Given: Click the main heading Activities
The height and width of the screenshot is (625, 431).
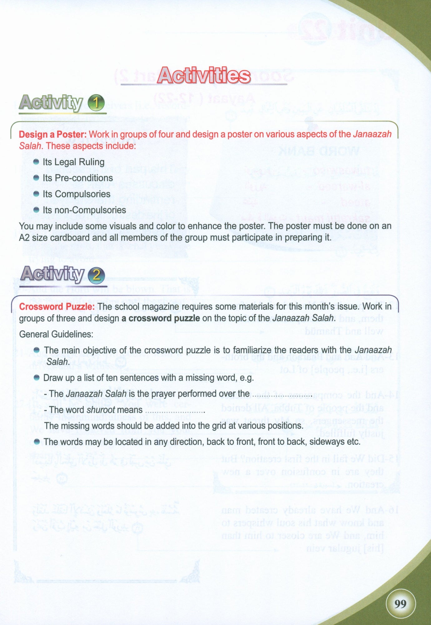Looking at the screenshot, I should click(x=204, y=76).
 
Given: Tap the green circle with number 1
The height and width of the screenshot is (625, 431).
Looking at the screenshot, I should click(x=96, y=103).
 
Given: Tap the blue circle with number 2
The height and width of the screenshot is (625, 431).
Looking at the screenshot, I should click(x=96, y=275).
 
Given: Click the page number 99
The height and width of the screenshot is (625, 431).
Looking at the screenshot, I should click(x=400, y=604).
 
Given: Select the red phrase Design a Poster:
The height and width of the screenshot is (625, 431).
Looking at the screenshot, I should click(x=52, y=134).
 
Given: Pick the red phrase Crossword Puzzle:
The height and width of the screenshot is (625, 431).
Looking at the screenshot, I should click(x=57, y=307).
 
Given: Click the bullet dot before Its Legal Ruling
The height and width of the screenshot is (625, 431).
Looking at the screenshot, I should click(x=36, y=162).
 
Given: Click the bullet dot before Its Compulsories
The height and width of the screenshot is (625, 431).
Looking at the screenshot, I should click(x=36, y=194).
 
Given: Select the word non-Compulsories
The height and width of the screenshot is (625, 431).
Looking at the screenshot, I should click(x=90, y=210).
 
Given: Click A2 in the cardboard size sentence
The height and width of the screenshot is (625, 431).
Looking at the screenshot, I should click(x=24, y=237).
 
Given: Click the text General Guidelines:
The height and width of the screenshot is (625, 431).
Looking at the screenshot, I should click(x=56, y=334).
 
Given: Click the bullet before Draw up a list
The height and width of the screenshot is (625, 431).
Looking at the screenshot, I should click(x=37, y=378).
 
